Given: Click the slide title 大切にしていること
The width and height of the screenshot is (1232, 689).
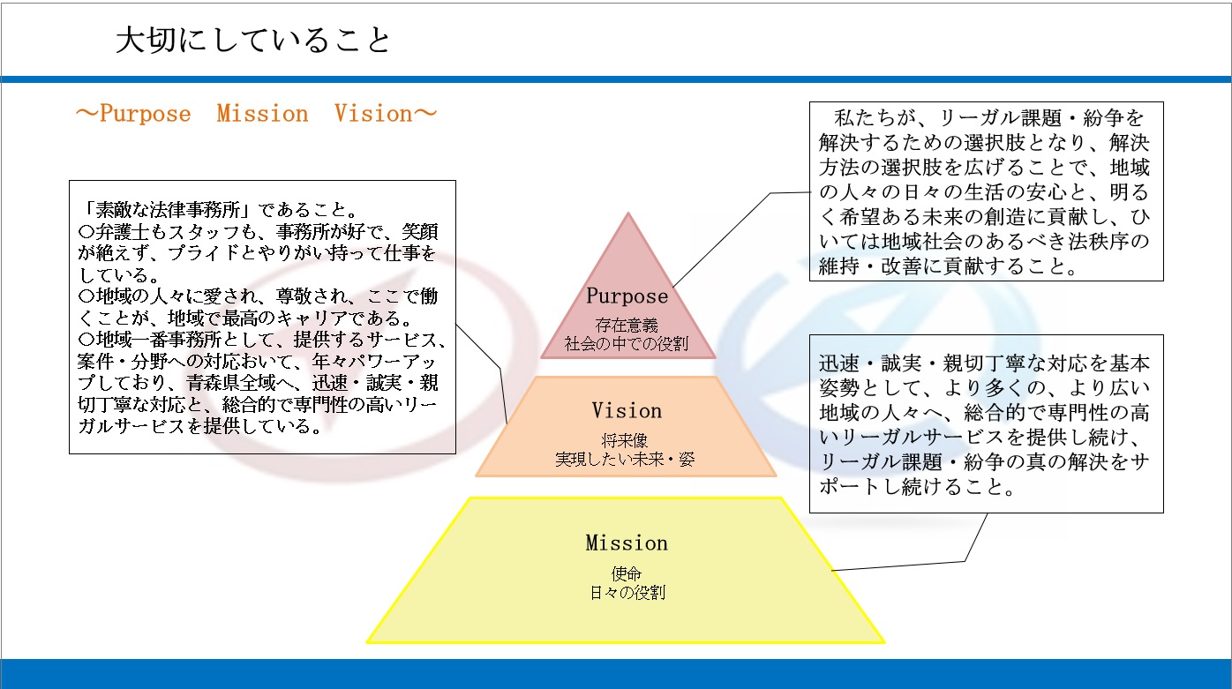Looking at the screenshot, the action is (253, 41).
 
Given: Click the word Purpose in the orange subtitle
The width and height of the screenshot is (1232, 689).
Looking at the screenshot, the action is (146, 114).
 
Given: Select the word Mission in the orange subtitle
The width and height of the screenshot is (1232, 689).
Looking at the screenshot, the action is (262, 113).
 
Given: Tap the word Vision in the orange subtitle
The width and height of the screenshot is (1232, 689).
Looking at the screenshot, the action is (373, 113).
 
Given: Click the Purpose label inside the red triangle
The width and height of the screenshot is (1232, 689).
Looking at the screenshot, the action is (627, 296).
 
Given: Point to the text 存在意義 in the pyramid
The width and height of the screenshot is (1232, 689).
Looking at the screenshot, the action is (627, 325).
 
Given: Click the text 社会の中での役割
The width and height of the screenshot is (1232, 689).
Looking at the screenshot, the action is (627, 344).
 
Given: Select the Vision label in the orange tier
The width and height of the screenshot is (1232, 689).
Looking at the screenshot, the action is (627, 410).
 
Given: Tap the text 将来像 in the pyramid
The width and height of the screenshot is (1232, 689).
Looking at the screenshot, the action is (625, 440).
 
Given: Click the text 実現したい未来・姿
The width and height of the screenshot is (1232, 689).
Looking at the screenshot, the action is (626, 459).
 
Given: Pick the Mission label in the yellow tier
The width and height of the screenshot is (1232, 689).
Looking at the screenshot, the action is (627, 543).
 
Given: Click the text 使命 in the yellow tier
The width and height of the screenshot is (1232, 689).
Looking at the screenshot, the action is (627, 573).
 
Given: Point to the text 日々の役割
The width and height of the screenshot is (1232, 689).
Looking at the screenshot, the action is (627, 593).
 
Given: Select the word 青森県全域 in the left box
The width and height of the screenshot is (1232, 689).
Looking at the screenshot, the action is (231, 382).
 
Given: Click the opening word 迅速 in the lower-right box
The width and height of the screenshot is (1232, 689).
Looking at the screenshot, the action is (838, 363).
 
